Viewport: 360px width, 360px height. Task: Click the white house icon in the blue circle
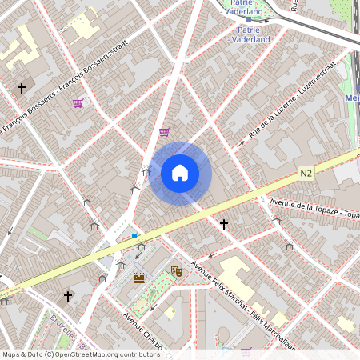[x=180, y=173]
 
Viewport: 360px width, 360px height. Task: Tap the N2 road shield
[x=307, y=173]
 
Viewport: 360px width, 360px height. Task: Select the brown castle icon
[x=139, y=278]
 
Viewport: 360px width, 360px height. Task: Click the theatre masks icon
[x=177, y=272]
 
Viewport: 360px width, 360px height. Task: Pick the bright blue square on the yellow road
[x=135, y=235]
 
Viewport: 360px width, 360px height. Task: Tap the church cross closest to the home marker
[x=224, y=225]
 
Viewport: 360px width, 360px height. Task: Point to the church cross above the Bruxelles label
[x=68, y=297]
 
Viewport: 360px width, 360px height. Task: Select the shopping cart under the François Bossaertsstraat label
[x=78, y=103]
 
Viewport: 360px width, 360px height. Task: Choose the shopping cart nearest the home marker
[x=164, y=132]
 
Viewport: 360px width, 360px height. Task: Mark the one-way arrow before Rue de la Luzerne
[x=241, y=143]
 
